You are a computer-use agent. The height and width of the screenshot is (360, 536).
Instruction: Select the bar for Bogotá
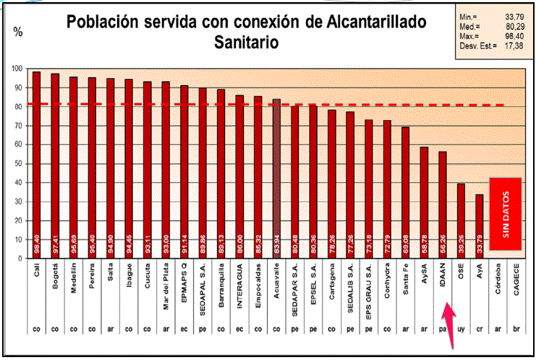[55, 166]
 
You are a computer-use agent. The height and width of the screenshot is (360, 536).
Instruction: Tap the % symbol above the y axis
[18, 32]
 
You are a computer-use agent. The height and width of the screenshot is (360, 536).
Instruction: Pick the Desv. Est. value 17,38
[514, 46]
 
